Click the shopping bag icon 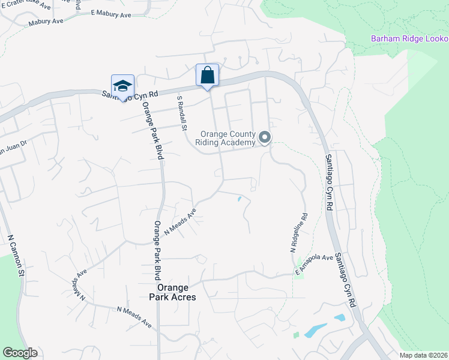click(207, 76)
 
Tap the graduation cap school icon click(122, 86)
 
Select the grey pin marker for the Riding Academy click(265, 139)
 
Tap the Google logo click(20, 353)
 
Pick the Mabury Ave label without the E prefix click(46, 22)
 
